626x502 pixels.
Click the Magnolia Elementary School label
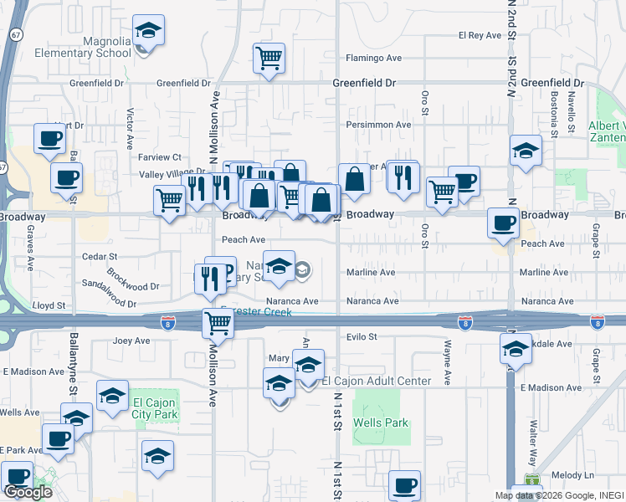tap(84, 46)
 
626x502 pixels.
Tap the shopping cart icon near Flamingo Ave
tap(269, 59)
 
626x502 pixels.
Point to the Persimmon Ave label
tap(380, 125)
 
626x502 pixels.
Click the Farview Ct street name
tap(160, 157)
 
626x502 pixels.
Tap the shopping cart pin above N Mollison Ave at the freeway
tap(218, 321)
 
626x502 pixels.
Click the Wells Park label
tap(382, 423)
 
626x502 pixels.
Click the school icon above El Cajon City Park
tap(112, 397)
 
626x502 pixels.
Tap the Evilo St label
tap(362, 337)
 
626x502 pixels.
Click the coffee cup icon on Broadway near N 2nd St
tap(503, 223)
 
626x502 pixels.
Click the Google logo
tap(28, 491)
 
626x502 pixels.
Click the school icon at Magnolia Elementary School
tap(148, 31)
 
